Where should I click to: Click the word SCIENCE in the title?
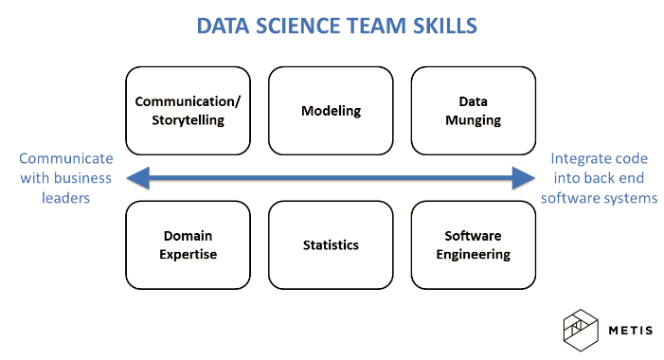[x=297, y=26]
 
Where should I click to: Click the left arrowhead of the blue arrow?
[x=138, y=178]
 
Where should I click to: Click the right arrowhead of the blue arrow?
[x=524, y=178]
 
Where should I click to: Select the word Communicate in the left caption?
[x=66, y=158]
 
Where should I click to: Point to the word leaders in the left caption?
[x=65, y=198]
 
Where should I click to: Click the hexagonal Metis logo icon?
[x=581, y=331]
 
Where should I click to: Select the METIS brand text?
[x=631, y=331]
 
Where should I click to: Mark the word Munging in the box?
[x=474, y=120]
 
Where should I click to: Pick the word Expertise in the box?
[x=188, y=255]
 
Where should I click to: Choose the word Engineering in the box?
[x=474, y=255]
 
